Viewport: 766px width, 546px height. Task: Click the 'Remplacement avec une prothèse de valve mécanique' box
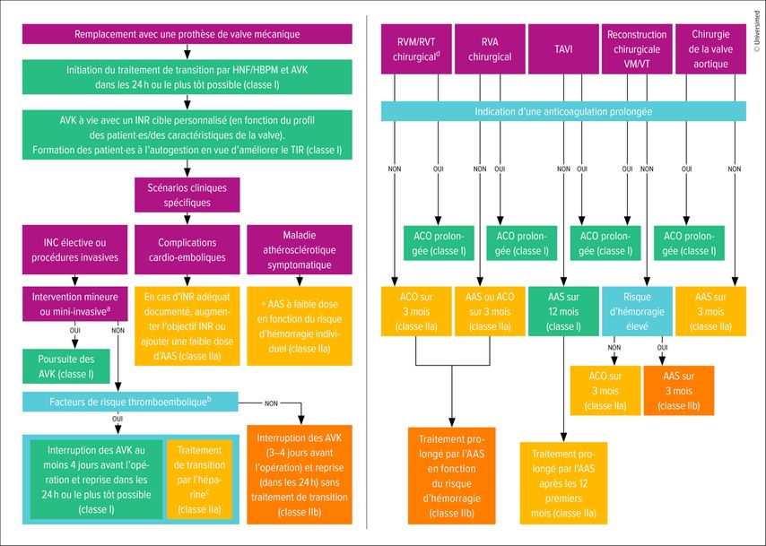tap(187, 34)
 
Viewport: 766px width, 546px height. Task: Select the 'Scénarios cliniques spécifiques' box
tap(187, 195)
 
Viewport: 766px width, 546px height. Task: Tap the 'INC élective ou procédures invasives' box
tap(74, 250)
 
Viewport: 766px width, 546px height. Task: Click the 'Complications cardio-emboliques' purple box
tap(187, 250)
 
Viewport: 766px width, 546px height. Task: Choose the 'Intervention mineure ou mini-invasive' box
tap(74, 301)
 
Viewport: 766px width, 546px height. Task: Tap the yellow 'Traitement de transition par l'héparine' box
tap(199, 479)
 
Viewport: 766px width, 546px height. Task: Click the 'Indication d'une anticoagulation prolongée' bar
tap(562, 112)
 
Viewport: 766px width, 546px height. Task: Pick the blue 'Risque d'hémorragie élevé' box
tap(636, 312)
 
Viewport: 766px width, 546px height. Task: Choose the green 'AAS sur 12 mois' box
tap(562, 312)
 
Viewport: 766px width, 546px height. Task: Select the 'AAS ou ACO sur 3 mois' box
tap(490, 312)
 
